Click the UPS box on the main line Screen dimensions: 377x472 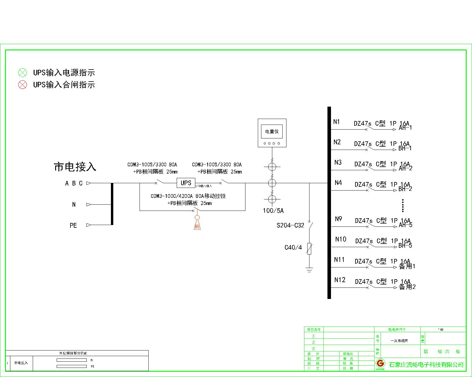pyautogui.click(x=186, y=183)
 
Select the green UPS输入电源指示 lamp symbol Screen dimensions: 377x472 pyautogui.click(x=22, y=72)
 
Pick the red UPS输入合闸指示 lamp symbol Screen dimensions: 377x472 pyautogui.click(x=22, y=85)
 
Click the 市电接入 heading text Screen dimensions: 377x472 pyautogui.click(x=75, y=167)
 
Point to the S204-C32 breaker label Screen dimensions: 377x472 pyautogui.click(x=290, y=226)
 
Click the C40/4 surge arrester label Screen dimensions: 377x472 pyautogui.click(x=293, y=247)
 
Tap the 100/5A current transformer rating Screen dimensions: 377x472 pyautogui.click(x=273, y=211)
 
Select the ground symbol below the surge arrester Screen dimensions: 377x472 pyautogui.click(x=309, y=269)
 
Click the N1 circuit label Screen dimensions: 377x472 pyautogui.click(x=337, y=122)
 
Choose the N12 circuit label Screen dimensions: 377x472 pyautogui.click(x=340, y=280)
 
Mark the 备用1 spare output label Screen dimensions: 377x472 pyautogui.click(x=407, y=266)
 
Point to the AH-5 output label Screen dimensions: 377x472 pyautogui.click(x=406, y=225)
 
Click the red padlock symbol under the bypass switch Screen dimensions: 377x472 pyautogui.click(x=197, y=223)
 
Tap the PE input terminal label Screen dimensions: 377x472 pyautogui.click(x=73, y=226)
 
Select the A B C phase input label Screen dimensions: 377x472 pyautogui.click(x=74, y=183)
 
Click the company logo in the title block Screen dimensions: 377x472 pyautogui.click(x=380, y=363)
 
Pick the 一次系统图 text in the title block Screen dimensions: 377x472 pyautogui.click(x=399, y=341)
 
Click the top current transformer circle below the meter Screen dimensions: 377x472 pyautogui.click(x=272, y=167)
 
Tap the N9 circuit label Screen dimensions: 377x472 pyautogui.click(x=338, y=219)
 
